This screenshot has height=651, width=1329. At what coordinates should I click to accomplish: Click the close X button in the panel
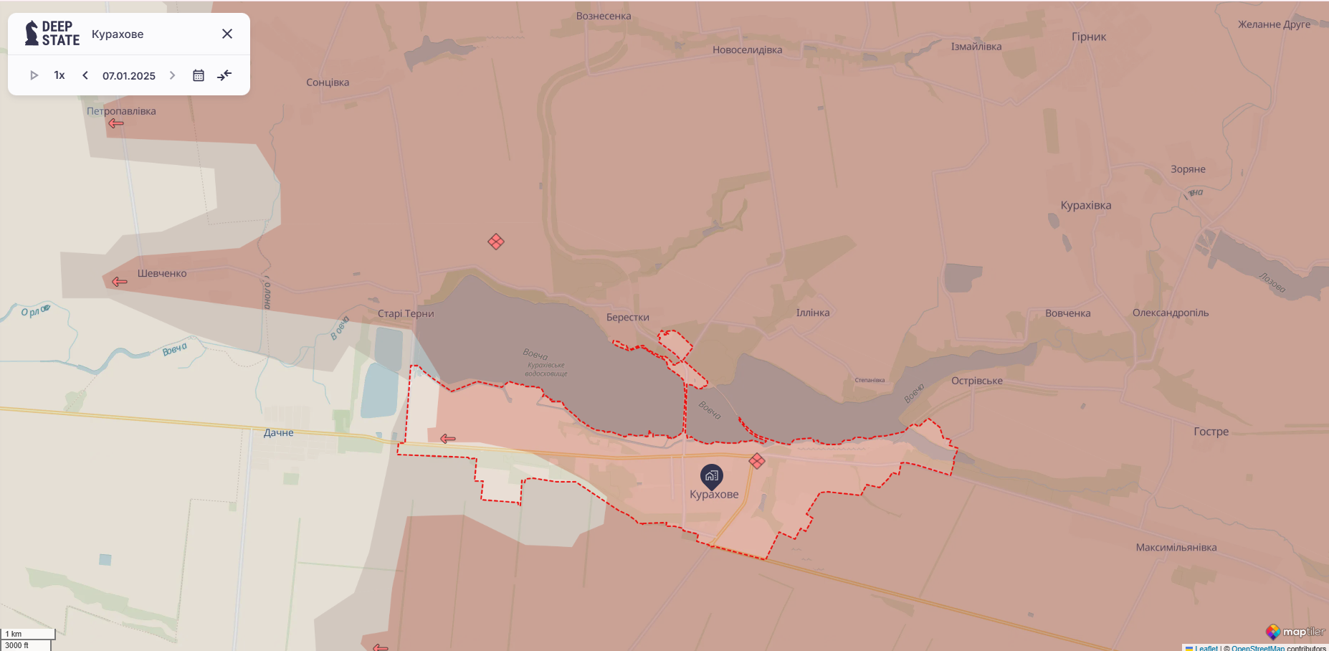pyautogui.click(x=227, y=34)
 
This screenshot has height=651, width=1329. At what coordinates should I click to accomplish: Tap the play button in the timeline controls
pyautogui.click(x=34, y=75)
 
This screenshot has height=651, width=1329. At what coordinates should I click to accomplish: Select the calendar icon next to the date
pyautogui.click(x=199, y=75)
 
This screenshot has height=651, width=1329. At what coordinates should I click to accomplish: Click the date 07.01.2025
pyautogui.click(x=129, y=75)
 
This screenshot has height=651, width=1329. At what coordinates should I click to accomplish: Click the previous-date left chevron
pyautogui.click(x=85, y=75)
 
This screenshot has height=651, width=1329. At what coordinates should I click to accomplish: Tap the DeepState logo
pyautogui.click(x=52, y=34)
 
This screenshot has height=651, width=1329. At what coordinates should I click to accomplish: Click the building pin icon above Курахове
pyautogui.click(x=711, y=475)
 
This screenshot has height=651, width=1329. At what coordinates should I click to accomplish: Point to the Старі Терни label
pyautogui.click(x=406, y=313)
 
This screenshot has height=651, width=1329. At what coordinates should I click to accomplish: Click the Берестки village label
pyautogui.click(x=627, y=317)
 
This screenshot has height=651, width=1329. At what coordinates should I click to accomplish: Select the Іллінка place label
pyautogui.click(x=813, y=313)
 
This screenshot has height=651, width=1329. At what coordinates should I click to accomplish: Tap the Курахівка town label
pyautogui.click(x=1086, y=205)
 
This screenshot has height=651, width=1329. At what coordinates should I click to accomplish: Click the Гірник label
pyautogui.click(x=1089, y=37)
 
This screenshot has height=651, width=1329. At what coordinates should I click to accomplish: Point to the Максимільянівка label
pyautogui.click(x=1176, y=547)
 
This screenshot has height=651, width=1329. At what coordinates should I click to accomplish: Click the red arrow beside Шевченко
pyautogui.click(x=120, y=281)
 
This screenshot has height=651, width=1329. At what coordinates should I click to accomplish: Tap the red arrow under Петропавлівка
pyautogui.click(x=116, y=123)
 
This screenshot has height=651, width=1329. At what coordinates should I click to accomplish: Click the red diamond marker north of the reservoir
pyautogui.click(x=496, y=242)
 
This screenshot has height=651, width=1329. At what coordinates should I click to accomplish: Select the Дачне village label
pyautogui.click(x=278, y=432)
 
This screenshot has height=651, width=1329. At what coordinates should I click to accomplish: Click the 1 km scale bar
pyautogui.click(x=28, y=634)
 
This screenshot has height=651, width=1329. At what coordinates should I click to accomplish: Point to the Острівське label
pyautogui.click(x=977, y=381)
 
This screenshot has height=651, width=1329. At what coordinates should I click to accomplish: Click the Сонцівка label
pyautogui.click(x=328, y=82)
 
